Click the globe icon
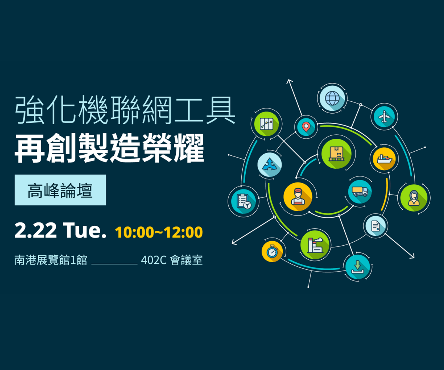(332, 98)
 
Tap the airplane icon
(384, 117)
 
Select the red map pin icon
(306, 127)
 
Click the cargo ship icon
(384, 159)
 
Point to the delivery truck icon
(360, 192)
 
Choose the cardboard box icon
(336, 154)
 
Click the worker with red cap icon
(298, 197)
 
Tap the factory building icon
(315, 245)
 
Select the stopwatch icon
(272, 252)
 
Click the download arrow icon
(358, 267)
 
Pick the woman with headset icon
(414, 198)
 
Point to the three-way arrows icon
(270, 165)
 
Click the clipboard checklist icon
(243, 201)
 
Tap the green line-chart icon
(267, 124)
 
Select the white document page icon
(376, 226)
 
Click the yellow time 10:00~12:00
(159, 232)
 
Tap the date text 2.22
(36, 230)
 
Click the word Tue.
(85, 230)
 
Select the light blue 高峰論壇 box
(60, 190)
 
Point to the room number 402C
(154, 260)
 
